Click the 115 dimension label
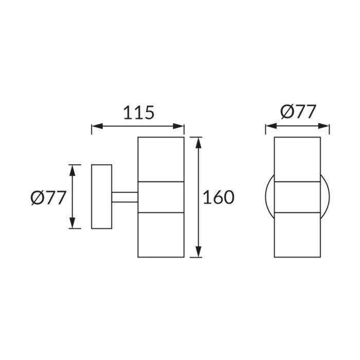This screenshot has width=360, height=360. click(x=139, y=113)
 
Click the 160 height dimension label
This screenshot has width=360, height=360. click(x=219, y=197)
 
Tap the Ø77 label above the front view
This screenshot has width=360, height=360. click(x=298, y=112)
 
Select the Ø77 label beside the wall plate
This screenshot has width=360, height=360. click(x=48, y=197)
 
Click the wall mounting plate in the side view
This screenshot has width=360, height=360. click(x=102, y=196)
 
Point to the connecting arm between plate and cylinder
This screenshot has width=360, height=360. click(x=125, y=197)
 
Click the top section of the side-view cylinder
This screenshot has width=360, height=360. click(x=161, y=159)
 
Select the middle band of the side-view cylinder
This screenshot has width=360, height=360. click(x=161, y=197)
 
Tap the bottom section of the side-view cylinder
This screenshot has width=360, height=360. click(x=161, y=235)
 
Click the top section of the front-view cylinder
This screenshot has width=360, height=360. click(x=297, y=159)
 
